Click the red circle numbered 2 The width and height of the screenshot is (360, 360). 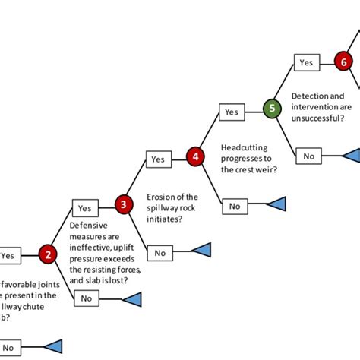[x=49, y=254]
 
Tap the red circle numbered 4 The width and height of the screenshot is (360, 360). [x=195, y=156]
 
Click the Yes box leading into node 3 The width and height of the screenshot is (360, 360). [x=84, y=207]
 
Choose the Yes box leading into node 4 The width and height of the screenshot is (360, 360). [x=157, y=159]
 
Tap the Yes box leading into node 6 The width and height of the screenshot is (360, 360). [x=306, y=63]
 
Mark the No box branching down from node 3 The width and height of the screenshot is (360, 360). [x=159, y=253]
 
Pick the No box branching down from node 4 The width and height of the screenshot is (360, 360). [x=234, y=205]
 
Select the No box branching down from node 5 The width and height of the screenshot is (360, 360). [x=308, y=156]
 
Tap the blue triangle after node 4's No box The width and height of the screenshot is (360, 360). [x=276, y=204]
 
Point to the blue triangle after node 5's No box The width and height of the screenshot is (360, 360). [x=350, y=156]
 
